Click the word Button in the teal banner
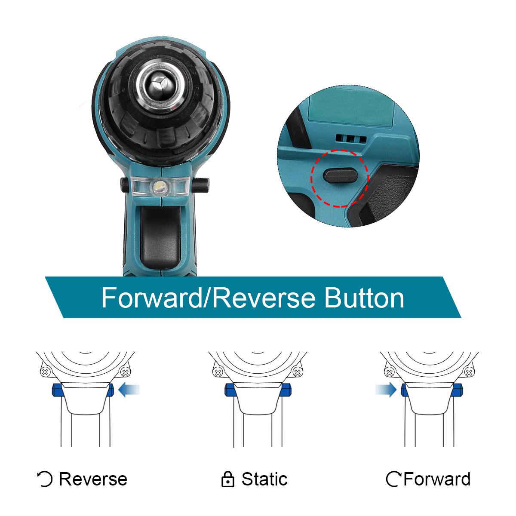pos(364,298)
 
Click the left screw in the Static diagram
pos(218,372)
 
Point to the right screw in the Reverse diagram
pos(125,372)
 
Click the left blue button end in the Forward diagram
pos(405,390)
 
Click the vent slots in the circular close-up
pos(351,138)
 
